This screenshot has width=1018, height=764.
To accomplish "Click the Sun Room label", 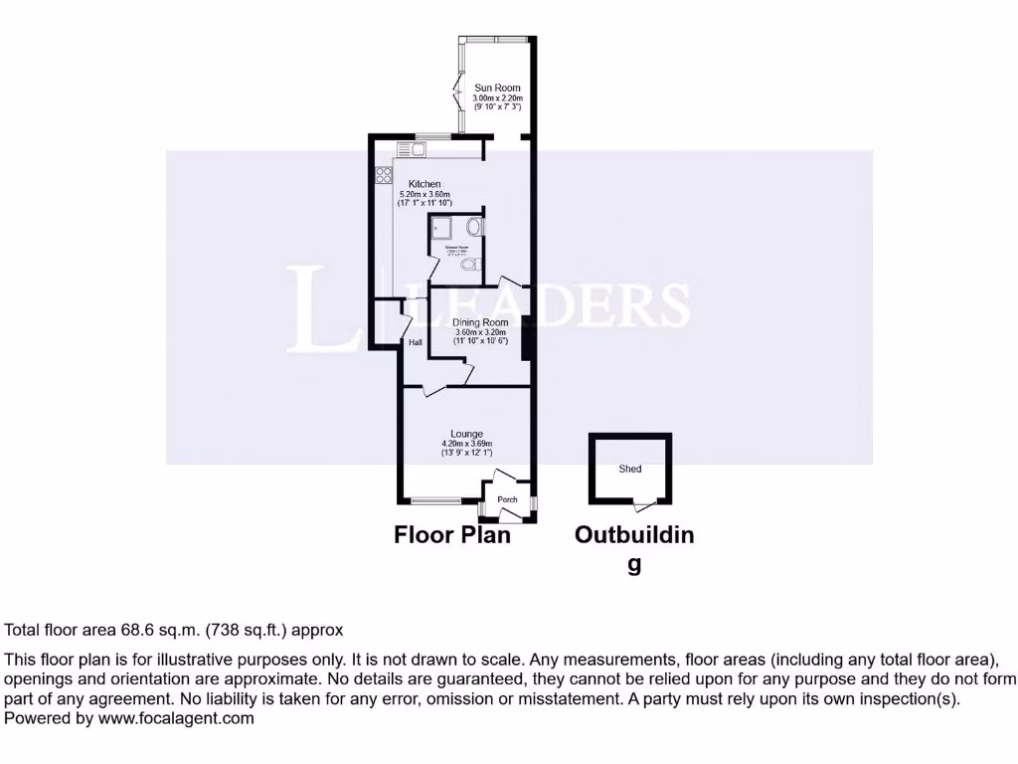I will [498, 89].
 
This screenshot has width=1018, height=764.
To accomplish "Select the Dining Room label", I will [480, 322].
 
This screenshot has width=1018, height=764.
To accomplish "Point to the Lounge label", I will [466, 434].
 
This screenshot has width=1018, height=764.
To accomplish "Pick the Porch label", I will [507, 499].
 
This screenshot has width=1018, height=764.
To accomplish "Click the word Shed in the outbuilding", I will [630, 469].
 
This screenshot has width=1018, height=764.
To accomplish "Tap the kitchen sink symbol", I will [412, 150].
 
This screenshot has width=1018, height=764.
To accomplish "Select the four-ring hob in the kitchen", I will [384, 175].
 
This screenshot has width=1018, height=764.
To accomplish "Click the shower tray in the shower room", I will [442, 228].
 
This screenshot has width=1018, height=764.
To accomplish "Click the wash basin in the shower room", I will [476, 227].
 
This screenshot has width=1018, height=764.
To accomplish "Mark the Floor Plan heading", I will [452, 535].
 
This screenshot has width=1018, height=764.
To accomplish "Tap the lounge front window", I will [434, 499].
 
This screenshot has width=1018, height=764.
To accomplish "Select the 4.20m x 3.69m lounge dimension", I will [466, 445].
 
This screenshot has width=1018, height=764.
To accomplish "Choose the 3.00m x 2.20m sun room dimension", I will [498, 98].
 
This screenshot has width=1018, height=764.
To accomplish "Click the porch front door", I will [509, 519].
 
